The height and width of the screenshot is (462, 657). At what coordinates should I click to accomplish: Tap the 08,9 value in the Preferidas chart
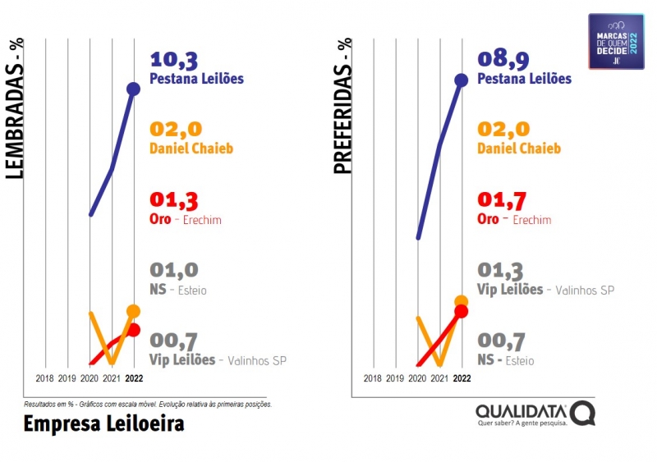pos(503,59)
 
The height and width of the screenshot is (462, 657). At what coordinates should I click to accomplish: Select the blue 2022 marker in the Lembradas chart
pos(133,89)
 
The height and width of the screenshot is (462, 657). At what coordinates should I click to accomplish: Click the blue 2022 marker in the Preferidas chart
pos(461,80)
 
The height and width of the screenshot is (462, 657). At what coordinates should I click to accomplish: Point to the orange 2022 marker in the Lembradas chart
pos(133,311)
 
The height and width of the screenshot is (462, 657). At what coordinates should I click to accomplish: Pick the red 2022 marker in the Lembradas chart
pos(133,330)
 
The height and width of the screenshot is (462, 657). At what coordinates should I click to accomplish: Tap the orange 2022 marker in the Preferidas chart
pos(461,301)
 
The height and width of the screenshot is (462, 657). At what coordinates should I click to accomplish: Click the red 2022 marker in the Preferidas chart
pos(461,311)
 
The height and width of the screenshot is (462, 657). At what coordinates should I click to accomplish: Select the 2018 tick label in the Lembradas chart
pos(45,378)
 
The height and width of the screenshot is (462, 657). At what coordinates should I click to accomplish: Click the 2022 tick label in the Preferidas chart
pos(462,378)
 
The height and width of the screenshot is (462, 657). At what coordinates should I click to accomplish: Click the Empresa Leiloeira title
pos(103,423)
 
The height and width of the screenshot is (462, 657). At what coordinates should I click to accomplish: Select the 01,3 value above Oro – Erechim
pos(174,200)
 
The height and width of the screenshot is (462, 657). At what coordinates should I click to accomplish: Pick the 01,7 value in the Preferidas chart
pos(502,200)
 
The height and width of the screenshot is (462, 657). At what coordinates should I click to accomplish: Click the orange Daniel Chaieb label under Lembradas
pos(191,149)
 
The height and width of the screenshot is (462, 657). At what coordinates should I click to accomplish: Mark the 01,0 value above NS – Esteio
pos(174,270)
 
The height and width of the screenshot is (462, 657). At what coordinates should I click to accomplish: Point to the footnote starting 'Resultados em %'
pos(148,404)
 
